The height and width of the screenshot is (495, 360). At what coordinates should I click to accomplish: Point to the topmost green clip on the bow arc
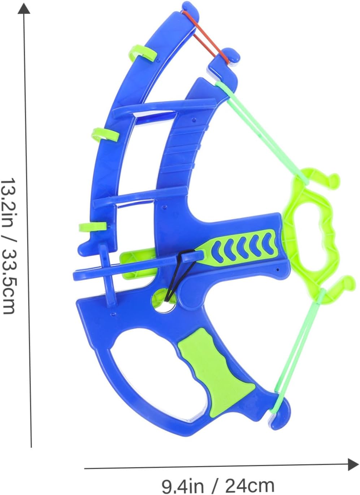coord(143,53)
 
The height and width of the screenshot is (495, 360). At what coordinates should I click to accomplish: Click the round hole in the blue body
coord(164,301)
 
